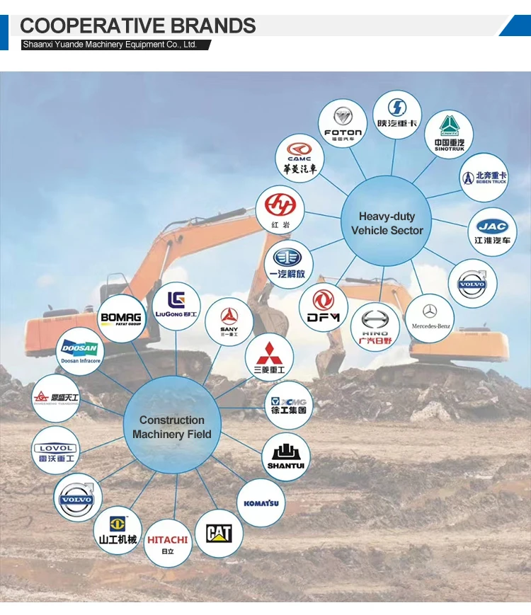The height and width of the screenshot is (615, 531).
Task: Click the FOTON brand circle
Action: pyautogui.click(x=343, y=123)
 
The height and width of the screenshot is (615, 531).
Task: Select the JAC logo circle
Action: pyautogui.click(x=492, y=231)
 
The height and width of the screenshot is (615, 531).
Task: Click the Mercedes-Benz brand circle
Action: pyautogui.click(x=430, y=318)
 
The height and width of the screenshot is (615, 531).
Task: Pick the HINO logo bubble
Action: pyautogui.click(x=375, y=326)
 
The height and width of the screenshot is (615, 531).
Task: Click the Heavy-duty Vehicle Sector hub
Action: pyautogui.click(x=387, y=223)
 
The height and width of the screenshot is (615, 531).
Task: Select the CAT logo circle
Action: pyautogui.click(x=219, y=533)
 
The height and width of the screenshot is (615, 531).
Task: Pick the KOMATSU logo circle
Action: pyautogui.click(x=261, y=503)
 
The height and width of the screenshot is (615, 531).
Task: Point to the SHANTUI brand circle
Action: pyautogui.click(x=286, y=456)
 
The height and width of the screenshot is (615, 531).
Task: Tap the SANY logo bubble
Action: pyautogui.click(x=229, y=321)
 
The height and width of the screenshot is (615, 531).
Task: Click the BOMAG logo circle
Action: pyautogui.click(x=121, y=319)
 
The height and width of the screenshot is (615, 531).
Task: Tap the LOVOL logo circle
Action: pyautogui.click(x=57, y=452)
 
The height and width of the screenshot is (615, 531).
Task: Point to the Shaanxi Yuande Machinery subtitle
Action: pyautogui.click(x=110, y=44)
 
